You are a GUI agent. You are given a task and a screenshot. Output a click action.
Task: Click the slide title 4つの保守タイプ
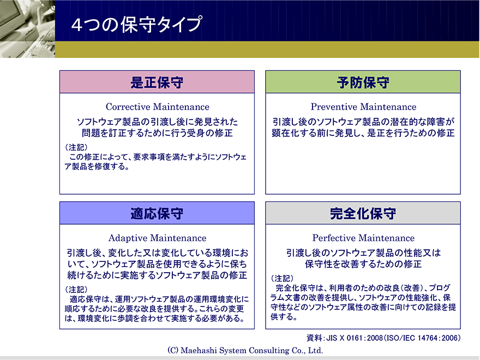click(x=136, y=24)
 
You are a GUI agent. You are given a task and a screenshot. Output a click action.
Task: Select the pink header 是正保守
click(x=157, y=82)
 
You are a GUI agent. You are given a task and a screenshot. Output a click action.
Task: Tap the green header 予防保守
click(x=363, y=82)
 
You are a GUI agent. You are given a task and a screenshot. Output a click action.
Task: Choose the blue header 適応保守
click(x=157, y=213)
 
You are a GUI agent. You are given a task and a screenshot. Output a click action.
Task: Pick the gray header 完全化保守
click(x=363, y=213)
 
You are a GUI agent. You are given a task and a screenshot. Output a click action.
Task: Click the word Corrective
click(x=128, y=107)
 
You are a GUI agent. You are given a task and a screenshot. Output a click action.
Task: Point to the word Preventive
click(x=334, y=107)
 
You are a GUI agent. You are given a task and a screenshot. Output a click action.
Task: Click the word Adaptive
click(x=128, y=238)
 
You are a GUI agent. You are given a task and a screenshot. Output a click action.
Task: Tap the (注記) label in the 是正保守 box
click(x=76, y=147)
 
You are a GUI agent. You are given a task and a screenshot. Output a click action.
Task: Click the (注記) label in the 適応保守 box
click(x=76, y=289)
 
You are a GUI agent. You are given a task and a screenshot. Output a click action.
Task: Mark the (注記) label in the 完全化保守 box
click(x=282, y=278)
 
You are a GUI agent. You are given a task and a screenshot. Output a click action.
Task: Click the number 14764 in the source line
click(x=429, y=338)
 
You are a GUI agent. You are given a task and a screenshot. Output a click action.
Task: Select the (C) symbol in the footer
click(x=173, y=350)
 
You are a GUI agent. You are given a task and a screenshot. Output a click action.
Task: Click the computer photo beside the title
click(x=28, y=29)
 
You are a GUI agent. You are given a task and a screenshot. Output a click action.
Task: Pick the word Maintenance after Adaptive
click(x=178, y=238)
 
